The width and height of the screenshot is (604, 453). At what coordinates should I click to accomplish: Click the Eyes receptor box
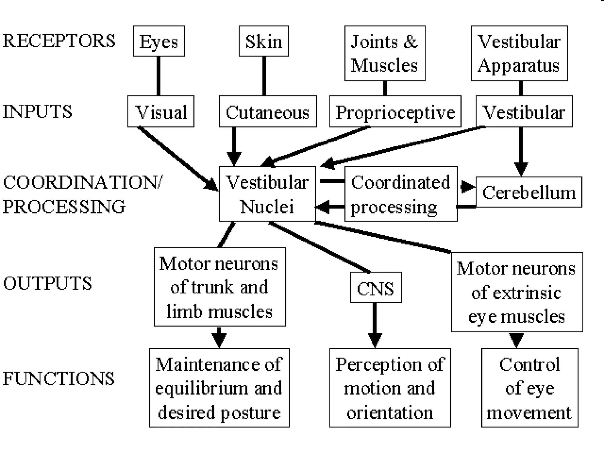pyautogui.click(x=159, y=41)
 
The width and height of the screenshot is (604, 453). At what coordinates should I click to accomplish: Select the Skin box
pyautogui.click(x=263, y=41)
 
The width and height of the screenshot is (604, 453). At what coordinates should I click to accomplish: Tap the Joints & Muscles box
pyautogui.click(x=385, y=53)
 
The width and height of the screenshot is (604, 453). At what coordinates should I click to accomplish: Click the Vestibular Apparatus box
pyautogui.click(x=519, y=53)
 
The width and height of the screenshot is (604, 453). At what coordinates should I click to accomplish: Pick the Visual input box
pyautogui.click(x=161, y=111)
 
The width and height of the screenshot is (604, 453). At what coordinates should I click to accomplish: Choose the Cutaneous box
pyautogui.click(x=267, y=111)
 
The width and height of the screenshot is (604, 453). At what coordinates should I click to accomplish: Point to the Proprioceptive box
pyautogui.click(x=395, y=111)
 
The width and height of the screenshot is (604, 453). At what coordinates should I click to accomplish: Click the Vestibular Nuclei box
pyautogui.click(x=267, y=194)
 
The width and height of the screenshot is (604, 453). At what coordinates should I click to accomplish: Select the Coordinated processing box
pyautogui.click(x=401, y=194)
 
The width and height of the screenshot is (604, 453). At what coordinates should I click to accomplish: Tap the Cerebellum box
pyautogui.click(x=528, y=192)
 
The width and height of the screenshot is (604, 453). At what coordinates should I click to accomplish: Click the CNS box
pyautogui.click(x=376, y=288)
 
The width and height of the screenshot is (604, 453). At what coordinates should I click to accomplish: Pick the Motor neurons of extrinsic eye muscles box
pyautogui.click(x=517, y=292)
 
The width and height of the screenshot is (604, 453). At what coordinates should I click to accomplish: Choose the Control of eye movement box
pyautogui.click(x=529, y=388)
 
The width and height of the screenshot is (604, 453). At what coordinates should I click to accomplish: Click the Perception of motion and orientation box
pyautogui.click(x=390, y=388)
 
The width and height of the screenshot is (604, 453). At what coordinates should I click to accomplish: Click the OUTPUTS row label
pyautogui.click(x=47, y=283)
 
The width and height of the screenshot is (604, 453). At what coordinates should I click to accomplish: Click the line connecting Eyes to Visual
pyautogui.click(x=158, y=76)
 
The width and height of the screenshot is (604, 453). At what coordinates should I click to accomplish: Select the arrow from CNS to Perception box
pyautogui.click(x=375, y=324)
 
